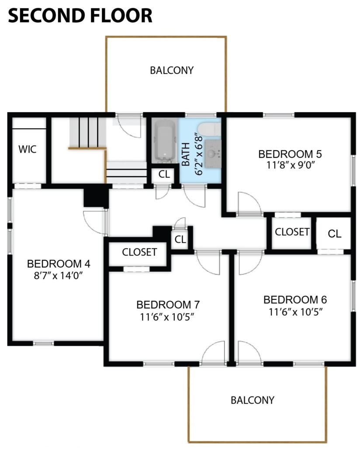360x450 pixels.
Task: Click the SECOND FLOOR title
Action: [x=80, y=15]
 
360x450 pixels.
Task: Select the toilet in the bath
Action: [x=210, y=129]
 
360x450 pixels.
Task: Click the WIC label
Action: [x=28, y=149]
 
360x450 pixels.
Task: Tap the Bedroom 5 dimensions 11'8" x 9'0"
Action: [x=291, y=165]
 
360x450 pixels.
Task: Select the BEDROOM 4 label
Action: [x=59, y=264]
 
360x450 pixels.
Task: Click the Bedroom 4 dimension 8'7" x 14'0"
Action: [x=59, y=276]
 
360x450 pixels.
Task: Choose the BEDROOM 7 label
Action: [x=168, y=305]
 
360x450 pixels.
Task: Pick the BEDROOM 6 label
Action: [x=295, y=300]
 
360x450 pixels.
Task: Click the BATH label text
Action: [x=186, y=154]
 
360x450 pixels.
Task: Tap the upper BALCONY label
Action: [x=172, y=70]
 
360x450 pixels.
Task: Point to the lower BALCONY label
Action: [x=253, y=400]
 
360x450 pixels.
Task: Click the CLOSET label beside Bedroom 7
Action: [x=139, y=252]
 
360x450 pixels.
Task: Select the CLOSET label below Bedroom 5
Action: [x=292, y=232]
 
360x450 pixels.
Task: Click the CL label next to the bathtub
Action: [x=164, y=174]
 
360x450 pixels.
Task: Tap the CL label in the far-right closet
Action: [x=335, y=234]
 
